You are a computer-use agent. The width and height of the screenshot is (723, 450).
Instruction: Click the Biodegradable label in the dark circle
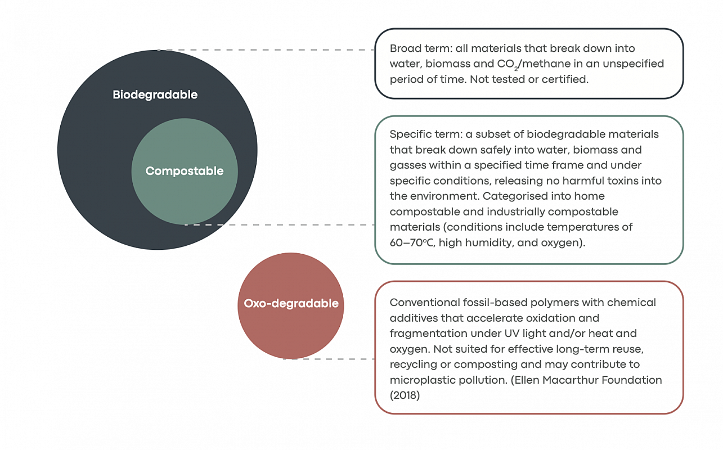click(x=155, y=94)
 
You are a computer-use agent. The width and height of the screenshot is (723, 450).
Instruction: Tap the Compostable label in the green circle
click(x=185, y=171)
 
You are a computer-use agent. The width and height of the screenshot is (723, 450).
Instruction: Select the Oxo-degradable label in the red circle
click(x=291, y=304)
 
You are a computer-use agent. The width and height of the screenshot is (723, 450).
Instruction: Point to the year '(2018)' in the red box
click(x=405, y=395)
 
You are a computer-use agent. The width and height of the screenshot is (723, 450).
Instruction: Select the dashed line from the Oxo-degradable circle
click(x=329, y=359)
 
